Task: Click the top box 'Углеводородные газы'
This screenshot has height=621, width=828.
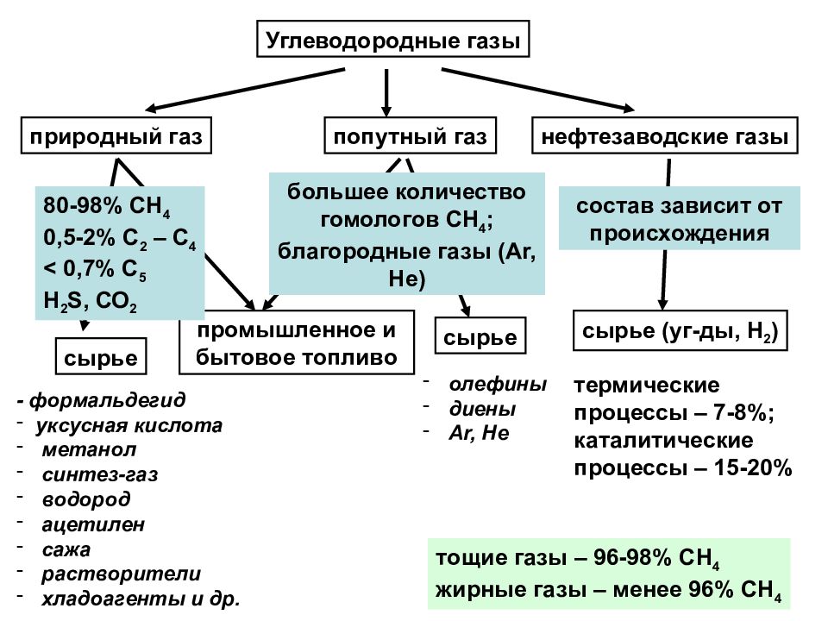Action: [x=392, y=41]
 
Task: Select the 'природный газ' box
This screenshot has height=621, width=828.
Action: [x=116, y=137]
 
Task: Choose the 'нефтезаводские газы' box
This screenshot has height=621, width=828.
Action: [x=664, y=137]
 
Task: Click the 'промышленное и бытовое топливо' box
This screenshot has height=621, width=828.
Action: [x=297, y=343]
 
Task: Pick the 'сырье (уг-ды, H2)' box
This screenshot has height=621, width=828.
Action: [x=681, y=330]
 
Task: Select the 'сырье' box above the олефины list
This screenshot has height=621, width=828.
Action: [x=480, y=336]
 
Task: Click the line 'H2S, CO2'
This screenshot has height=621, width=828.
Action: [x=90, y=302]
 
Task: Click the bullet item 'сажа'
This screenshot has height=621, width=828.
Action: [x=66, y=549]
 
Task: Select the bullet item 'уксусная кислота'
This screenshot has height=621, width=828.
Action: [x=129, y=425]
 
